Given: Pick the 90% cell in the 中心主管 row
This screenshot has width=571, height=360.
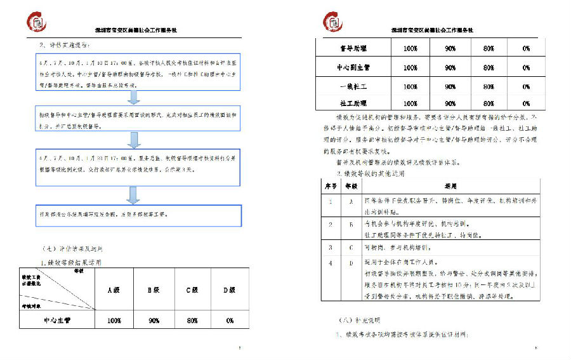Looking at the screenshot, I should (154, 321).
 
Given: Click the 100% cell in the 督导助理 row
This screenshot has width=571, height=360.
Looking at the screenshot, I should (410, 49).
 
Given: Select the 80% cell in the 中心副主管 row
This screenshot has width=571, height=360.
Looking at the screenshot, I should (489, 67).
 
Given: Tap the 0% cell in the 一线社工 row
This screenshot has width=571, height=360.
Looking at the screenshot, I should (527, 86).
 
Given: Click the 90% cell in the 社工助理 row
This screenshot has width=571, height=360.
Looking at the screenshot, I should (450, 103).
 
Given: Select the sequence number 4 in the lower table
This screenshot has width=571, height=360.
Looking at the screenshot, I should (331, 262).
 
